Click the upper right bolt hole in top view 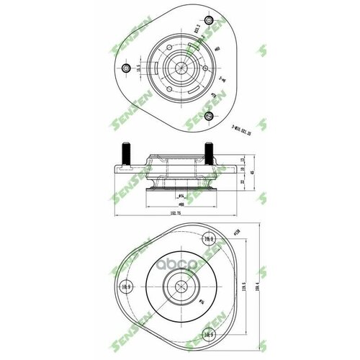click(209, 20)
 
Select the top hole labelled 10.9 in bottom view click(209, 240)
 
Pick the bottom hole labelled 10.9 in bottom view click(209, 333)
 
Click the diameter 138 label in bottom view click(235, 233)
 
